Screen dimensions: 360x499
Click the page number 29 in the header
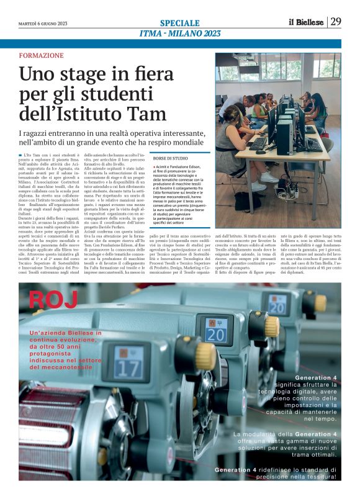[x=335, y=22]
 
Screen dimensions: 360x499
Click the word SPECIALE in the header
[x=179, y=22]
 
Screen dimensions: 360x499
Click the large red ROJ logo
[x=53, y=299]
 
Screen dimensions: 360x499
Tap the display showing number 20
[x=217, y=334]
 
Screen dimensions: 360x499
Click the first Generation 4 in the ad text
[x=317, y=377]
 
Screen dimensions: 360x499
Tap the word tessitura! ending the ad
[x=318, y=477]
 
